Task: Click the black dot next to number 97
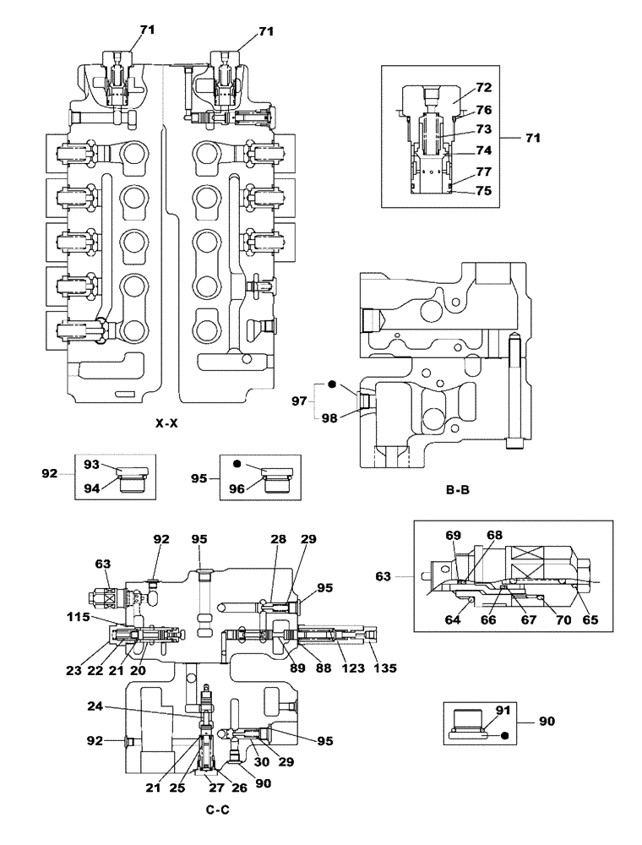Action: click(332, 384)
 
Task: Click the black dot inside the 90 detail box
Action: click(505, 736)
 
